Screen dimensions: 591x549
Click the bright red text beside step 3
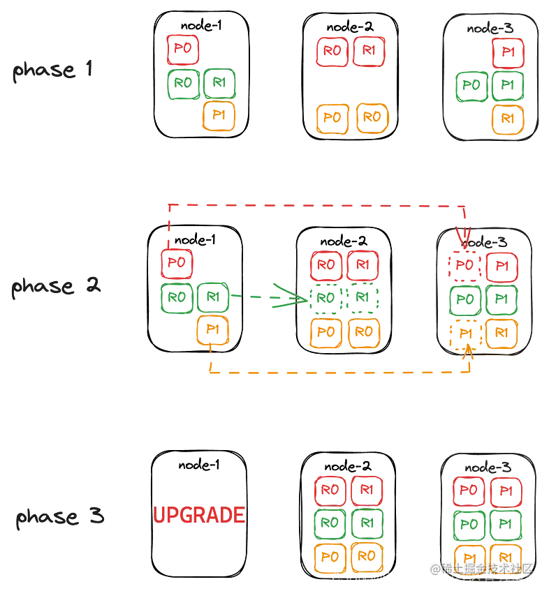(199, 516)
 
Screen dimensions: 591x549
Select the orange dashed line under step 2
(335, 374)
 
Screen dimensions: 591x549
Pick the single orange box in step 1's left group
(219, 116)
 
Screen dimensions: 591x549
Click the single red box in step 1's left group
(182, 49)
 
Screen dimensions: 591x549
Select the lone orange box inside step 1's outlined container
(508, 119)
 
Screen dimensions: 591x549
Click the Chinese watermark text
(481, 568)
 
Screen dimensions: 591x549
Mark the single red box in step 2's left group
(177, 264)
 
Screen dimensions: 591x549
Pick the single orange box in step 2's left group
(213, 331)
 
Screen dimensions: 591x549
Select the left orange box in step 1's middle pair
(332, 117)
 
